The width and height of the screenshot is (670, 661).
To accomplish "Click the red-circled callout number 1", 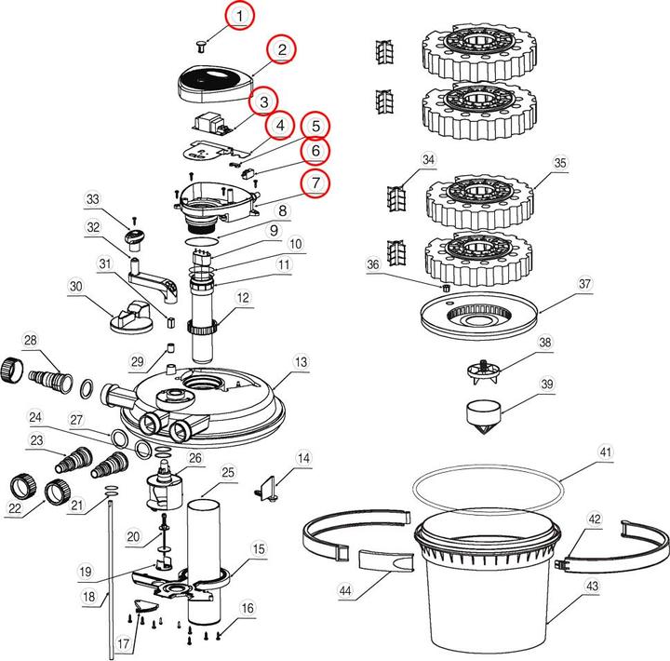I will point(241,16).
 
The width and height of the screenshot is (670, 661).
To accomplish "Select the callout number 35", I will point(559,163).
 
